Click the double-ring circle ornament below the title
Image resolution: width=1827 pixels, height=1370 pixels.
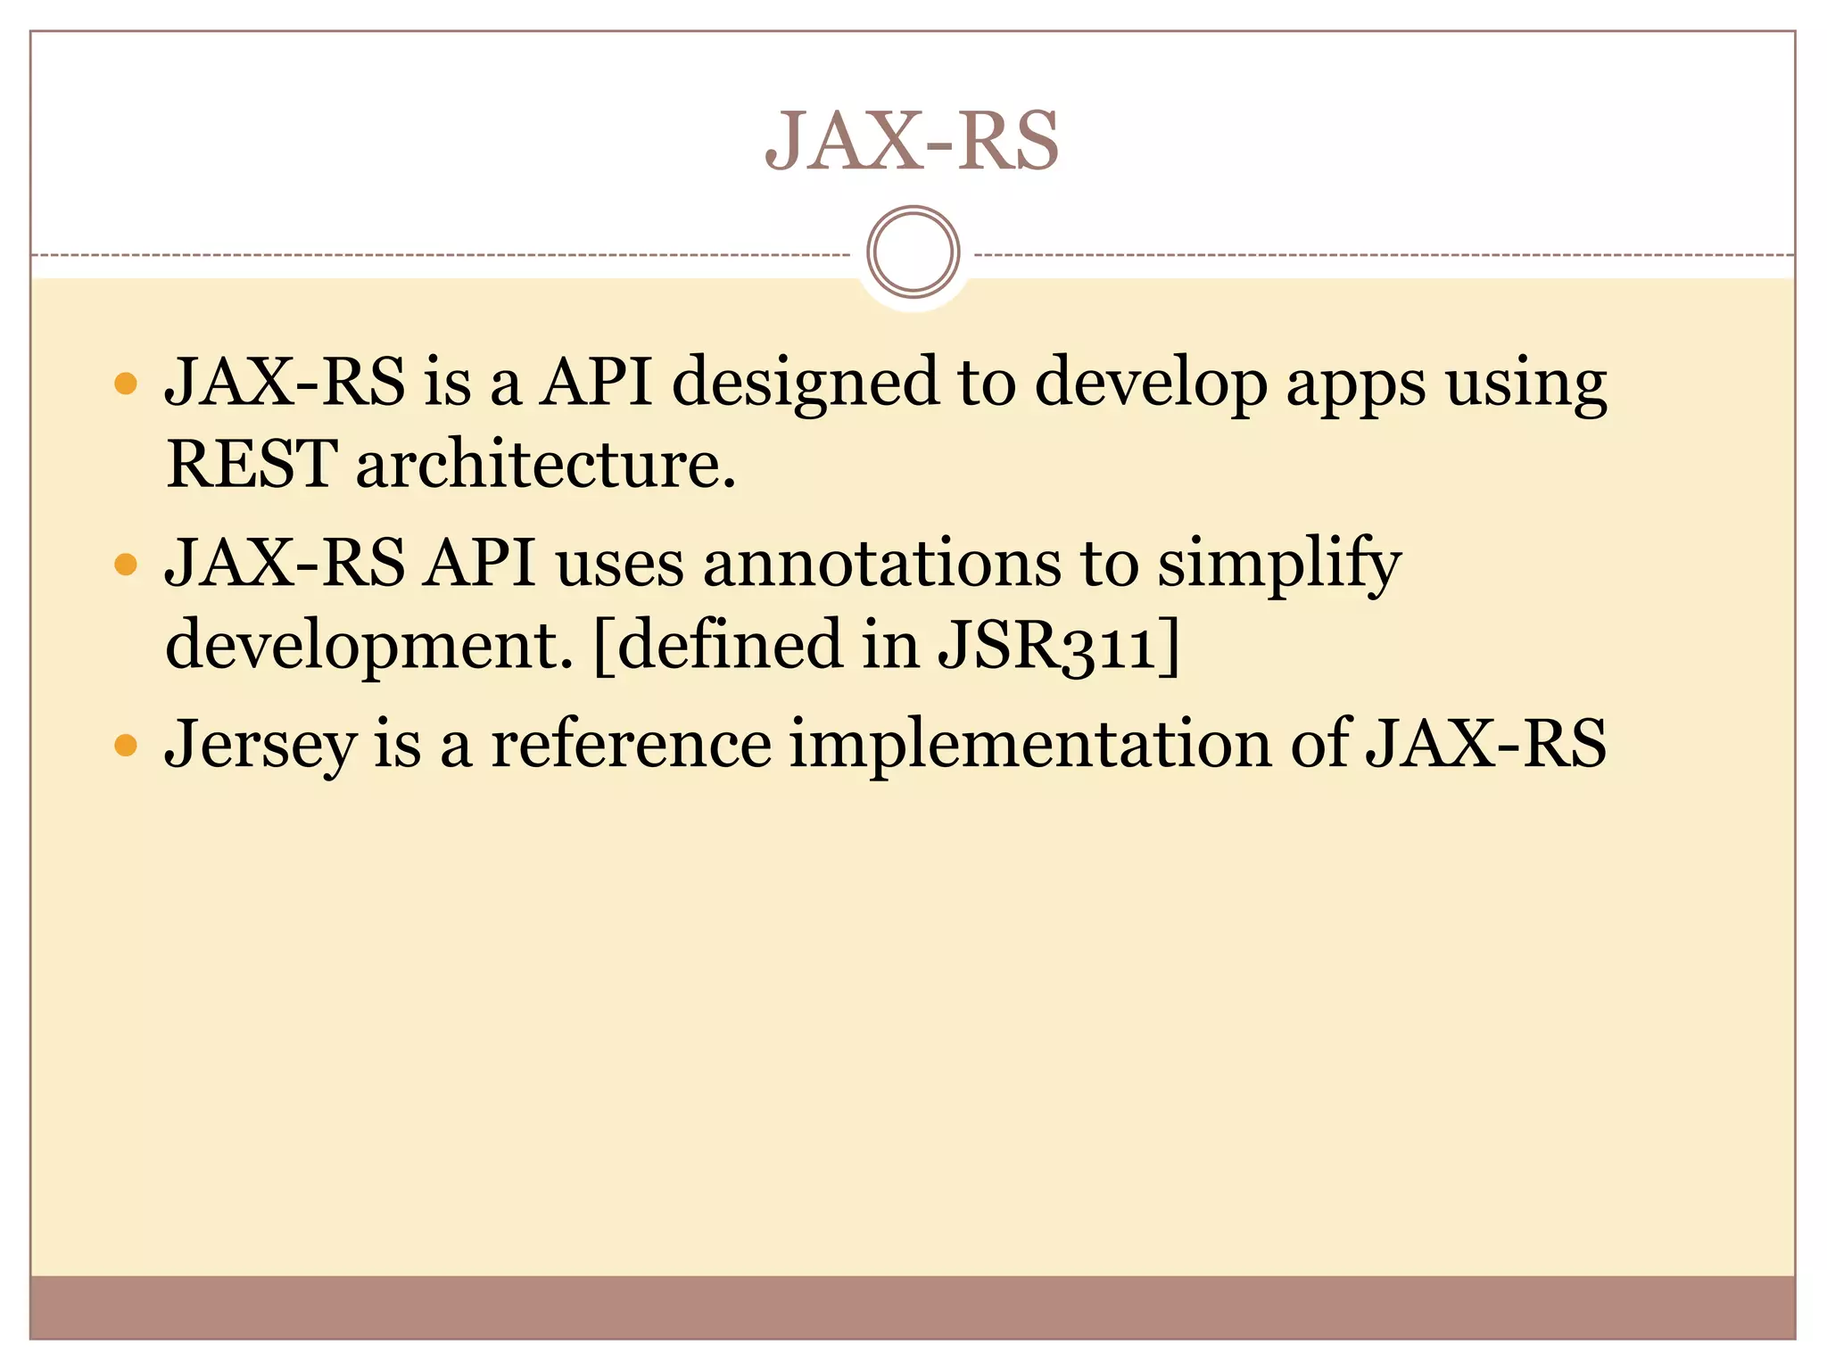click(x=913, y=252)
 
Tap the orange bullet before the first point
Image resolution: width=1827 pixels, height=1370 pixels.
click(x=127, y=384)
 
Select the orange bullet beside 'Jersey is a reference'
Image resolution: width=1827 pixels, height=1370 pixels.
click(x=127, y=745)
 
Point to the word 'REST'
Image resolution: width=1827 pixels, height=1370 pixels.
click(x=252, y=465)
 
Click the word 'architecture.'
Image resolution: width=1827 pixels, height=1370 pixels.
click(x=546, y=465)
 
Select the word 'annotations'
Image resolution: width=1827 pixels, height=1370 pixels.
click(x=881, y=564)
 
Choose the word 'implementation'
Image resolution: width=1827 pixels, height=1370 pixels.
click(x=1029, y=746)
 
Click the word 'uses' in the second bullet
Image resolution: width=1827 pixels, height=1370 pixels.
click(x=619, y=565)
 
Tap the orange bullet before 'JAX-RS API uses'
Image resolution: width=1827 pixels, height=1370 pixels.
click(x=127, y=565)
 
